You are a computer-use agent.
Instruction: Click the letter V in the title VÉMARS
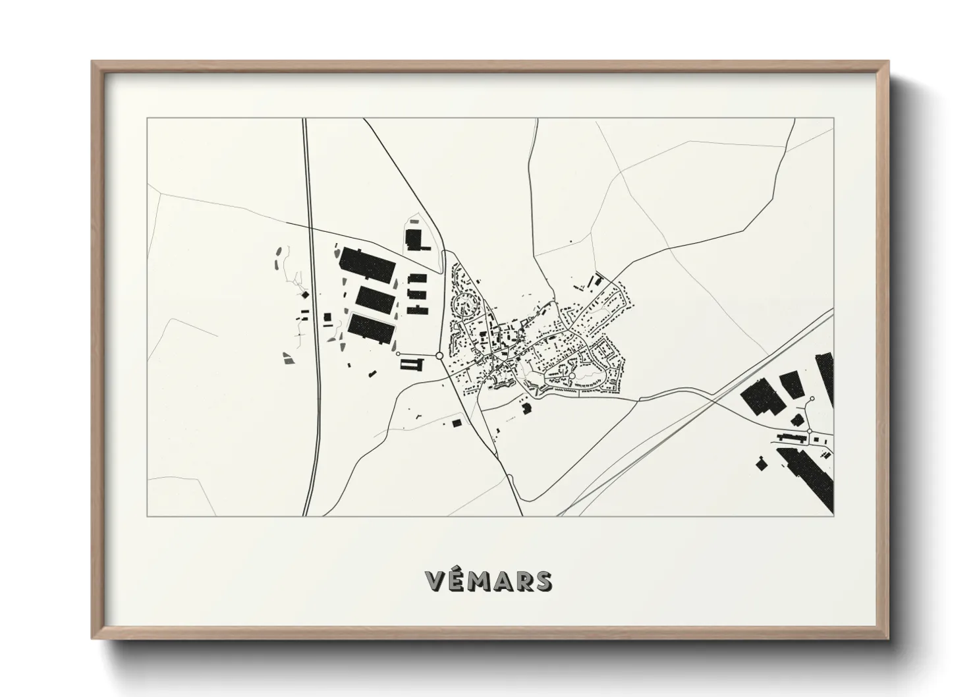(x=436, y=580)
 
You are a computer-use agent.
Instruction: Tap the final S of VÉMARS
(x=543, y=580)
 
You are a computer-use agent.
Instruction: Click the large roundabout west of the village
(x=439, y=356)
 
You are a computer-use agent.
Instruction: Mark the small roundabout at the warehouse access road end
(x=398, y=354)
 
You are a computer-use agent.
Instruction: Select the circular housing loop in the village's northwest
(x=466, y=304)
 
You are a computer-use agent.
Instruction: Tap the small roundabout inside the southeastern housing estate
(x=572, y=376)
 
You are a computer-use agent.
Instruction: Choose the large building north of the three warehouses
(x=414, y=240)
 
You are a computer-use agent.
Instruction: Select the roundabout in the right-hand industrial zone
(x=810, y=431)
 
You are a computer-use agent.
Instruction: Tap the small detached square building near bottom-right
(x=761, y=464)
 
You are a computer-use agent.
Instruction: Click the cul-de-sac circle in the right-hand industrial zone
(x=812, y=399)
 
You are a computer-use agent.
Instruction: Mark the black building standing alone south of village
(x=526, y=409)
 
